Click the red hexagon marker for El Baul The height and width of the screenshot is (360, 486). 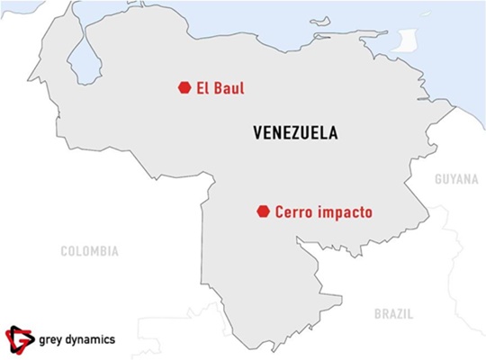[184, 87]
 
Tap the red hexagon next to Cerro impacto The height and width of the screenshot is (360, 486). [263, 211]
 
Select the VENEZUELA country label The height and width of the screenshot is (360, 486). [296, 133]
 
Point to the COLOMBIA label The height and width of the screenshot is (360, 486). [89, 251]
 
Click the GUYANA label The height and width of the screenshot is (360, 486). [456, 179]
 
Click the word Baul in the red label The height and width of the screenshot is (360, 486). [229, 88]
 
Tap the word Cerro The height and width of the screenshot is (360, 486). [298, 212]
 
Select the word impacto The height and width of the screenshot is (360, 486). [346, 213]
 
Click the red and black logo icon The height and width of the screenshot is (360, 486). [19, 338]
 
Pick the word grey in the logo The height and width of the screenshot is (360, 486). [53, 339]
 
